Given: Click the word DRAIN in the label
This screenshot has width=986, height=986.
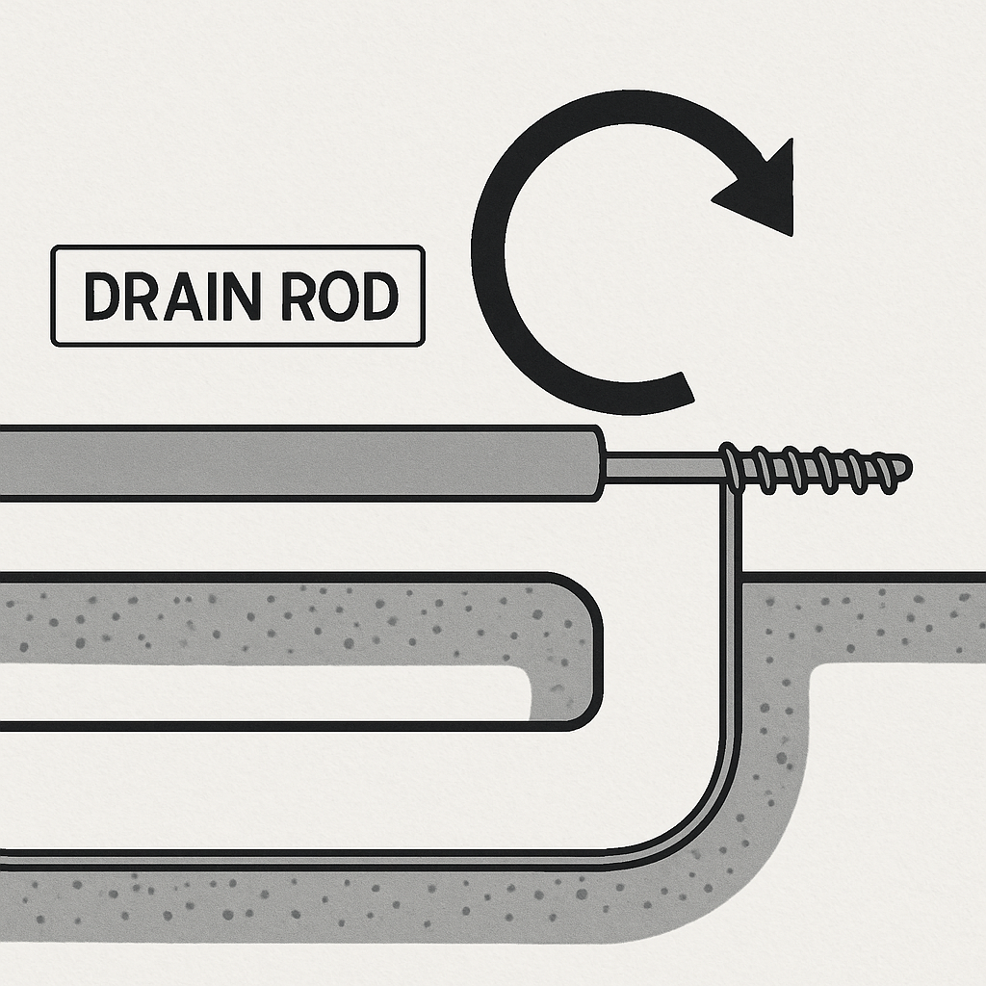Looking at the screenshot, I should [172, 297].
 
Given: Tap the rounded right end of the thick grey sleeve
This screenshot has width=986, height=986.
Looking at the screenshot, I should [596, 463].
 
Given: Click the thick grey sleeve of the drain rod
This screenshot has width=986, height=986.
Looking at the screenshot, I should [289, 463].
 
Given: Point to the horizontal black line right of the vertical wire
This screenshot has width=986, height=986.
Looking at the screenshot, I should [867, 577].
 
